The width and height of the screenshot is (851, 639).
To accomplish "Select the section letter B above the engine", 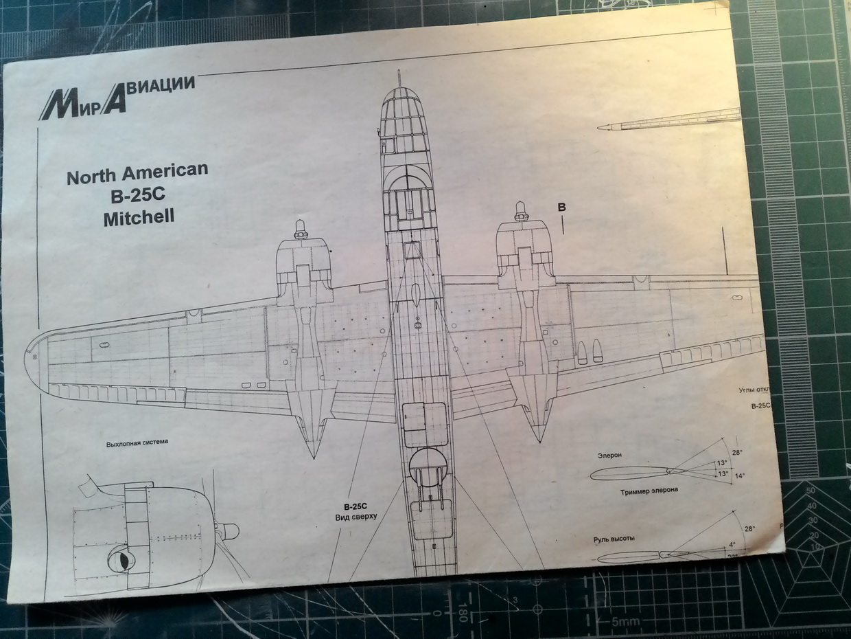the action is tap(561, 208).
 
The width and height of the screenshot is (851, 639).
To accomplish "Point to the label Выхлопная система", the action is tap(137, 442).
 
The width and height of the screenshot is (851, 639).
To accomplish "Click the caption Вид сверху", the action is tap(355, 517).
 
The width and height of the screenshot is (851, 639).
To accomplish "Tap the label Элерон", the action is tap(609, 454).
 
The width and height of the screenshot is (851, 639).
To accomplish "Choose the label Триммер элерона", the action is tap(649, 491).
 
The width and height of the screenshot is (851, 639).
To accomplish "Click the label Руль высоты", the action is tap(614, 539).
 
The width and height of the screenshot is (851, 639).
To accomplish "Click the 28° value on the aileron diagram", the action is tap(737, 452).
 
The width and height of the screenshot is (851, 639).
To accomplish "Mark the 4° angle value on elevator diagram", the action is tap(732, 545).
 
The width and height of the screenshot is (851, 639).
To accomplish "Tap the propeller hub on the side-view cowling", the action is tap(227, 530).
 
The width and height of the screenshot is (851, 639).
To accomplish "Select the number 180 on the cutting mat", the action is tap(463, 611).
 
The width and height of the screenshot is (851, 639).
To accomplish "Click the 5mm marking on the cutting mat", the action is tap(625, 623).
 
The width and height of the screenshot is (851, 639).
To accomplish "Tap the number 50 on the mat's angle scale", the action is tap(811, 491).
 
